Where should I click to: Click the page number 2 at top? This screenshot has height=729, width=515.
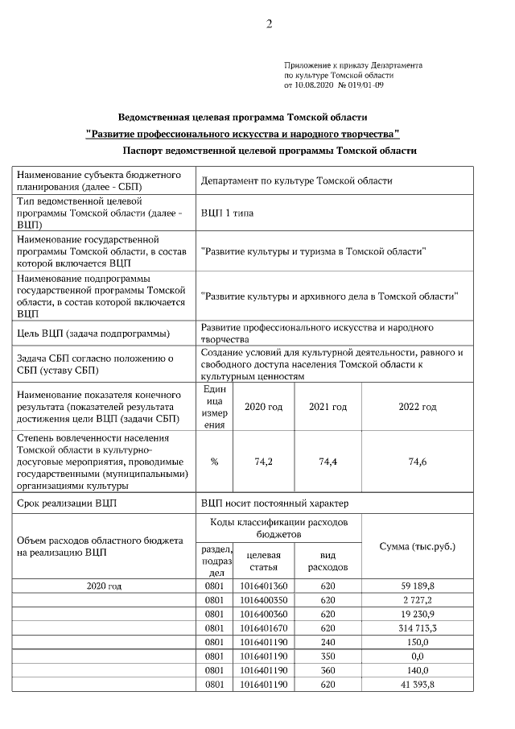pyautogui.click(x=270, y=23)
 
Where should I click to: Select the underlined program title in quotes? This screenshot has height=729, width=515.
pyautogui.click(x=242, y=133)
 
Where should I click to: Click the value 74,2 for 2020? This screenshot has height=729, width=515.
pyautogui.click(x=263, y=462)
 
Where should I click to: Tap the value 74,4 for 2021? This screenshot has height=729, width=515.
pyautogui.click(x=328, y=462)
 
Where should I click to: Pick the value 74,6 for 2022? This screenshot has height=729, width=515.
pyautogui.click(x=417, y=462)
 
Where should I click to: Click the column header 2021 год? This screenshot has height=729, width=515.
pyautogui.click(x=328, y=407)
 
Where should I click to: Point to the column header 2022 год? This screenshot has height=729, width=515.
pyautogui.click(x=417, y=407)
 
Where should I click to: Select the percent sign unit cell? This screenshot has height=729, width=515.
pyautogui.click(x=214, y=462)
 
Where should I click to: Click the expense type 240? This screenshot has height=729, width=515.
pyautogui.click(x=328, y=641)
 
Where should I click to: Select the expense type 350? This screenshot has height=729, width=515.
pyautogui.click(x=328, y=656)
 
